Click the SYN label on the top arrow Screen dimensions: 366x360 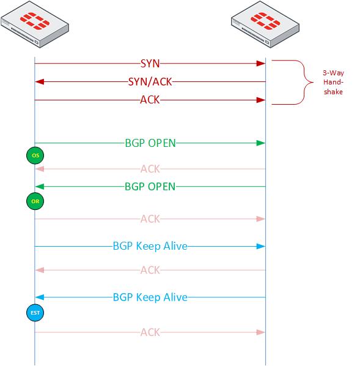(150, 63)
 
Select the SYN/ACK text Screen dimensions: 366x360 (150, 81)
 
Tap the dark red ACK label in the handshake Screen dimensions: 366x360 (150, 100)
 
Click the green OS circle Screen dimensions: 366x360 (35, 156)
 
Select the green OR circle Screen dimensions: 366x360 (35, 200)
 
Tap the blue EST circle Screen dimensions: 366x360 (35, 313)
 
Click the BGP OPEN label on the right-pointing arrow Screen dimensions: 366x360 (150, 143)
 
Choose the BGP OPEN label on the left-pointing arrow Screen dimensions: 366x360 (150, 186)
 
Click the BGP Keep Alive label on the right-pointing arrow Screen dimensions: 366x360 (150, 246)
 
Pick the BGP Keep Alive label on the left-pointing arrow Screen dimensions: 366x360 (150, 297)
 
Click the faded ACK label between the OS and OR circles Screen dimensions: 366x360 (150, 169)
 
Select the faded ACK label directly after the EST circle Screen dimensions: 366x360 (150, 332)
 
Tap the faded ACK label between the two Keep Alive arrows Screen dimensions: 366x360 (150, 270)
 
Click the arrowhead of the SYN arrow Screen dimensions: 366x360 (260, 63)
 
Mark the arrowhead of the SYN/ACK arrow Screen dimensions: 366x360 (39, 81)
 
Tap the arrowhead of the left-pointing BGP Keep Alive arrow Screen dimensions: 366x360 (39, 297)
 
